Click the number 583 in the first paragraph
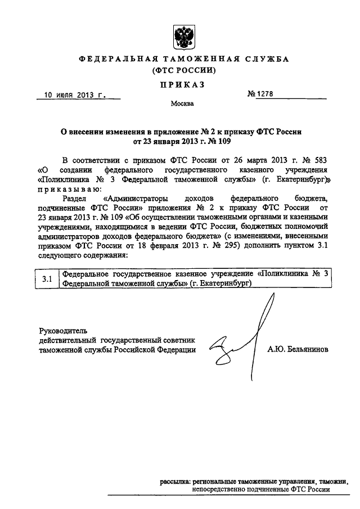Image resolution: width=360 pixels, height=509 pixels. [316, 160]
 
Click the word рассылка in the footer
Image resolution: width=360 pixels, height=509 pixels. [174, 482]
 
